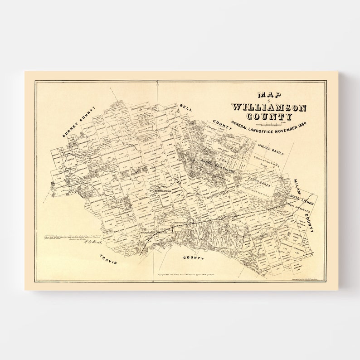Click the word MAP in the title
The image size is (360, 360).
click(269, 96)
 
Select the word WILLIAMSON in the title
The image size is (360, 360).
click(269, 107)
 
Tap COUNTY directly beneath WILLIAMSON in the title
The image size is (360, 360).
click(269, 116)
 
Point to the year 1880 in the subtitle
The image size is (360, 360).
click(305, 126)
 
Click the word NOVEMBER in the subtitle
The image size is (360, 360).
click(286, 128)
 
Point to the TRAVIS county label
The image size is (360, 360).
click(108, 259)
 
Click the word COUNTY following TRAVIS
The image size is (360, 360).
click(193, 258)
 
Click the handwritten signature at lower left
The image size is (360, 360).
click(90, 242)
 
